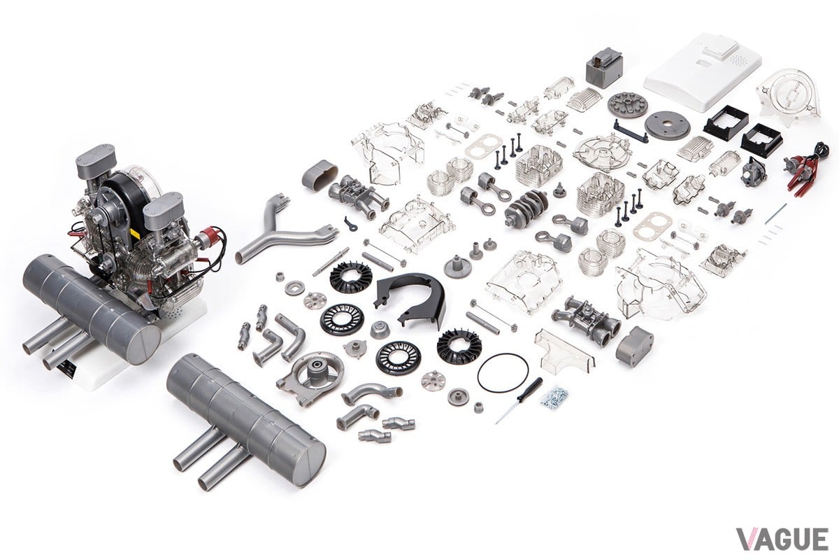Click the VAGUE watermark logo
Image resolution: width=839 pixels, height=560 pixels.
point(782,539)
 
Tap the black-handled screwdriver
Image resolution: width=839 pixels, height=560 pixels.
point(519,400)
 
